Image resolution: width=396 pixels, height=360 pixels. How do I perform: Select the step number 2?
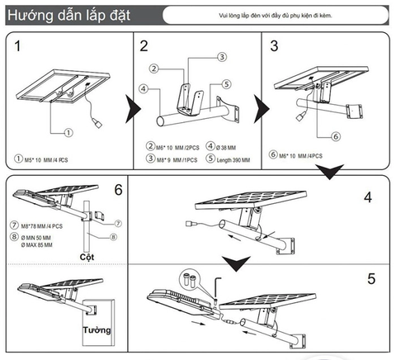(x=144, y=46)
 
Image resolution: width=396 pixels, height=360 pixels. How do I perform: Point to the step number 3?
(x=275, y=46)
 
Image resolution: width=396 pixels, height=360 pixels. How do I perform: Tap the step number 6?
(x=118, y=190)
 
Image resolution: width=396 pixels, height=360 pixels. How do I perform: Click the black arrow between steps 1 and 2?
(x=131, y=106)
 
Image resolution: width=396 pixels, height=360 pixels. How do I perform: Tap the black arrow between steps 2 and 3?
(x=260, y=106)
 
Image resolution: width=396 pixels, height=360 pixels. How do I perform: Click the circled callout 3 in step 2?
(x=222, y=57)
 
